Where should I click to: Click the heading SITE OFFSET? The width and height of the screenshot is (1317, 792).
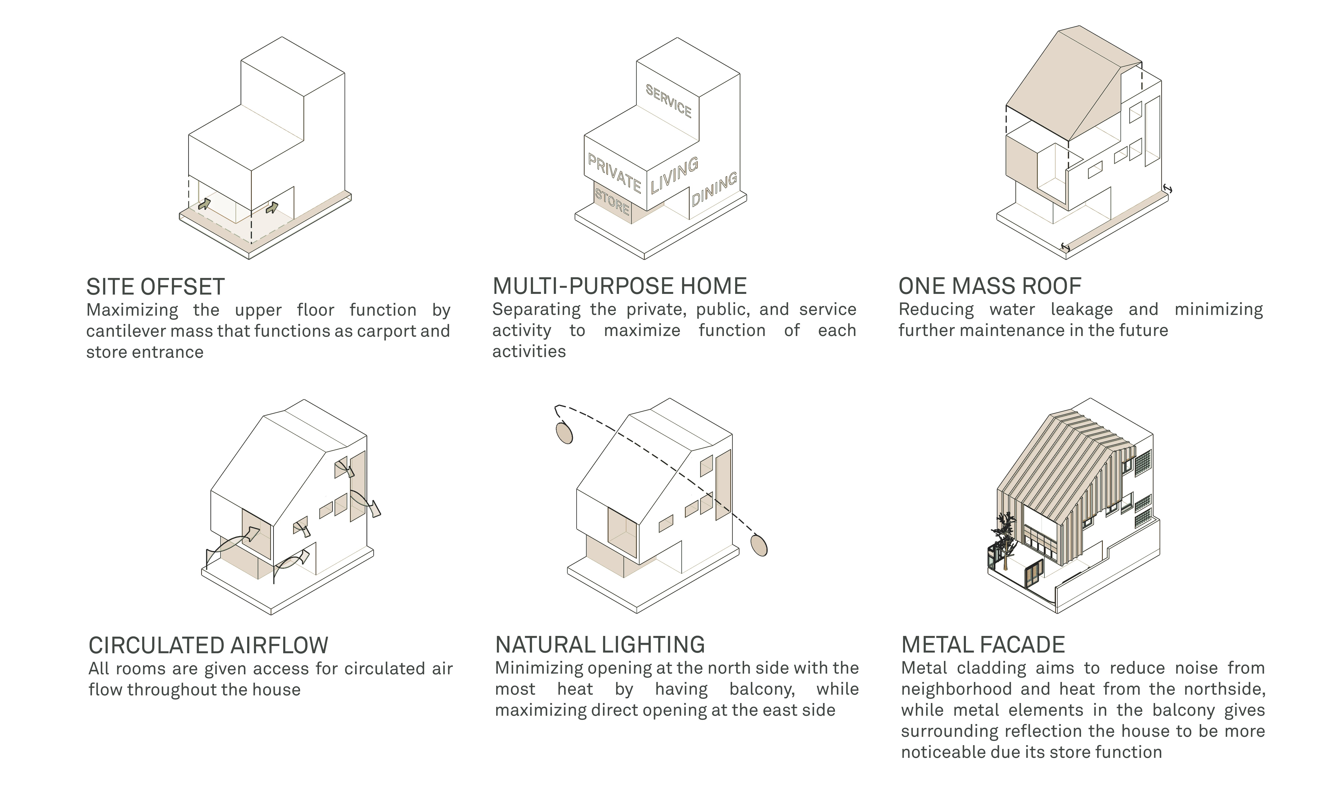pyautogui.click(x=155, y=287)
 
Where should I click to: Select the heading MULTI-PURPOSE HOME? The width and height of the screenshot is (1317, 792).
pyautogui.click(x=619, y=287)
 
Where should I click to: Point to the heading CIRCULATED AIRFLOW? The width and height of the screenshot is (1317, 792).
pyautogui.click(x=208, y=646)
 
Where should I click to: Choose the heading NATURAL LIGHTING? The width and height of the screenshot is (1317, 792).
pyautogui.click(x=600, y=645)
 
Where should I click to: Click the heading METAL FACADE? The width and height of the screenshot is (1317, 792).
pyautogui.click(x=983, y=645)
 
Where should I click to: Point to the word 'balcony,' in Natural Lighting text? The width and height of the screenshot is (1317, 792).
pyautogui.click(x=762, y=690)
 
